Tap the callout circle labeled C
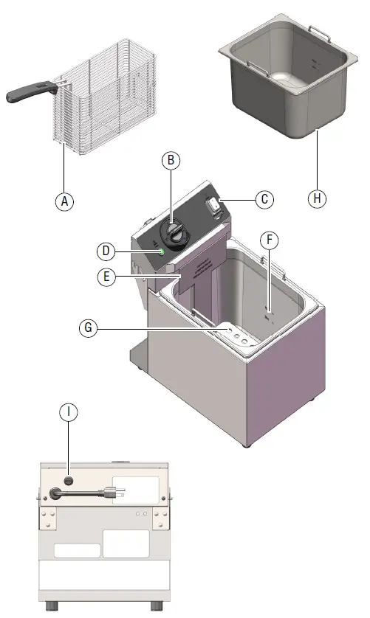point(265,198)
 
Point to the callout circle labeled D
point(108,251)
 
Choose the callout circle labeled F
point(271,240)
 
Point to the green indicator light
point(160,253)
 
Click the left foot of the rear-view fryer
point(52,606)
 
